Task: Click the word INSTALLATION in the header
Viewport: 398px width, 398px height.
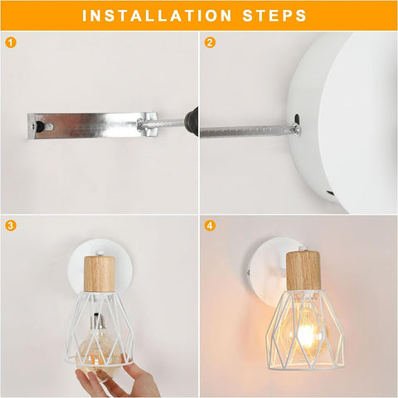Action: click(x=157, y=16)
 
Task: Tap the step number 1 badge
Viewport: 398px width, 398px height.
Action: click(x=10, y=41)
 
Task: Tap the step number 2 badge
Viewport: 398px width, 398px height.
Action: click(x=210, y=41)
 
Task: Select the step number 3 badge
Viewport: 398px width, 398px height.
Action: click(x=10, y=226)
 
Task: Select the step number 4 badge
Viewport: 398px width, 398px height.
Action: click(x=210, y=226)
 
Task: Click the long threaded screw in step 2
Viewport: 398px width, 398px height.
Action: click(x=245, y=130)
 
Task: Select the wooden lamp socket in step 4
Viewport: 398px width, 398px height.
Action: click(x=302, y=270)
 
